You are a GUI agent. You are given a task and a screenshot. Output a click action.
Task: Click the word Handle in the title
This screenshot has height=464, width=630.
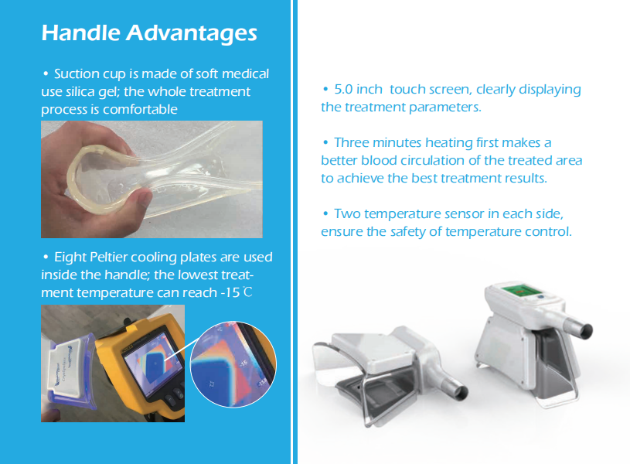pyautogui.click(x=80, y=32)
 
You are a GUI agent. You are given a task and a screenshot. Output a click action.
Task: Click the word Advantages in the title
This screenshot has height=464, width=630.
pyautogui.click(x=192, y=34)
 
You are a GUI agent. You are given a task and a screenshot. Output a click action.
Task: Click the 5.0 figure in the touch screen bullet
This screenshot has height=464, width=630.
pyautogui.click(x=343, y=89)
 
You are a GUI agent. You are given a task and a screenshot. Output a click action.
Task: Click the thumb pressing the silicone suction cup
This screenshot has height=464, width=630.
pyautogui.click(x=141, y=198)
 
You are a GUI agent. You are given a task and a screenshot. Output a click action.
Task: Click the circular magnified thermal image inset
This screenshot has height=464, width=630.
pyautogui.click(x=233, y=364)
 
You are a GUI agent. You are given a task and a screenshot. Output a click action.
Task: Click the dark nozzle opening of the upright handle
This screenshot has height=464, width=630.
pyautogui.click(x=587, y=331)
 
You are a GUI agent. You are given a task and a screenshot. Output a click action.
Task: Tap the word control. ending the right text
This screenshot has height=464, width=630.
pyautogui.click(x=552, y=231)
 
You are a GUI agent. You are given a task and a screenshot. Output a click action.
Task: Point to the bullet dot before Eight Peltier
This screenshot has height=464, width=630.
pyautogui.click(x=46, y=257)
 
